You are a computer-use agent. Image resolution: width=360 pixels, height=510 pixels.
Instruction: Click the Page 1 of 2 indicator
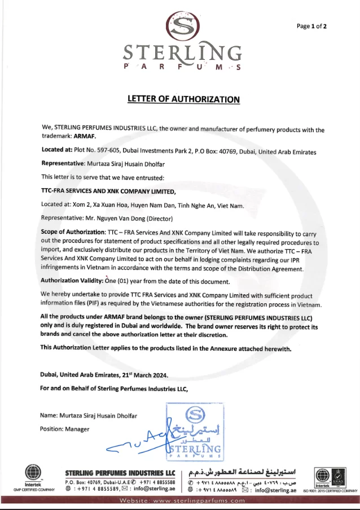click(x=311, y=26)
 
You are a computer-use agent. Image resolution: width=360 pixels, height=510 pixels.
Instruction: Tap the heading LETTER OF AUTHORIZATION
click(x=183, y=99)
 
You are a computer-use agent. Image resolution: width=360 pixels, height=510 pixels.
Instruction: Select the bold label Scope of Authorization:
click(x=73, y=232)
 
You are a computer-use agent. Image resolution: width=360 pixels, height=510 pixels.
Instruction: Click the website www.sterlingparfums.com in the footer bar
click(x=181, y=500)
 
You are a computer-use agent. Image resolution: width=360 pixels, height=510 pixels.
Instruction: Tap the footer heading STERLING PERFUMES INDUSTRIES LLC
click(x=120, y=473)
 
